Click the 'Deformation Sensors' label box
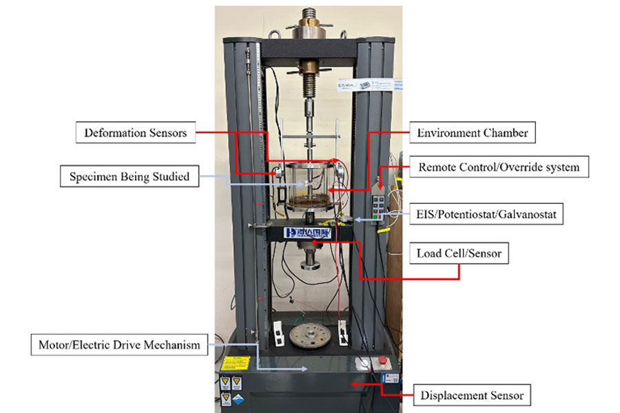point(135,133)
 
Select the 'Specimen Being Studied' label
point(130,177)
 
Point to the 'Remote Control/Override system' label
point(499,167)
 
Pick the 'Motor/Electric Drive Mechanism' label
point(118,344)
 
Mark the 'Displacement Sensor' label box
point(472,395)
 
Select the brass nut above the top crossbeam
point(308,31)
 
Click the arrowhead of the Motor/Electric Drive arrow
point(306,369)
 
